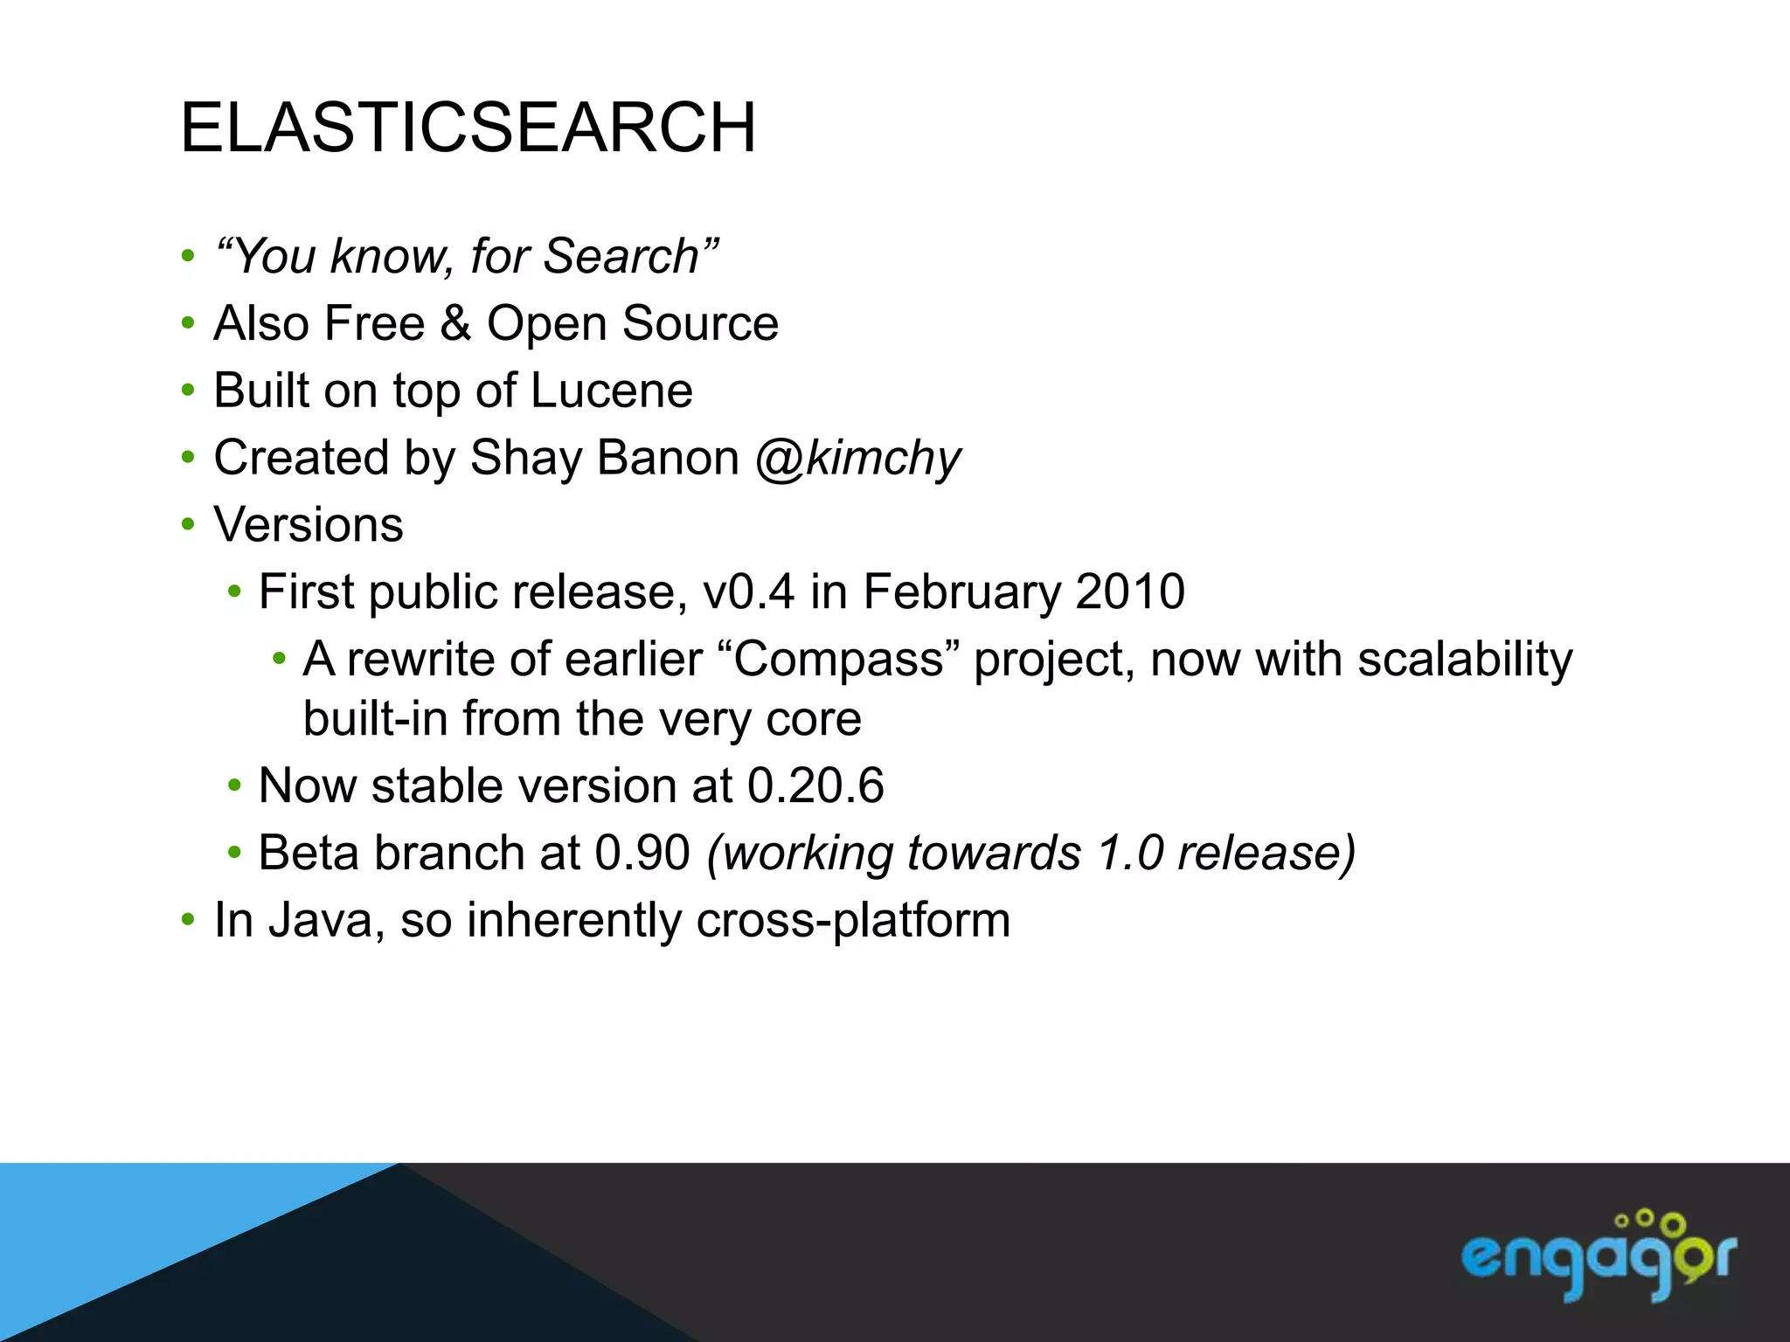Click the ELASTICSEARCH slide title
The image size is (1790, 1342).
tap(468, 128)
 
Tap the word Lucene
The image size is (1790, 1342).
tap(611, 391)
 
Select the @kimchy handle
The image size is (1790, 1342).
tap(857, 459)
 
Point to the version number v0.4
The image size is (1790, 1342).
tap(748, 591)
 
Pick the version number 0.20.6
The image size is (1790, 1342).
tap(815, 785)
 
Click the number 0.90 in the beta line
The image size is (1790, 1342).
tap(642, 853)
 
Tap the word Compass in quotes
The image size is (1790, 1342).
tap(838, 659)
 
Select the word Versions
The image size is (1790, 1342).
tap(309, 525)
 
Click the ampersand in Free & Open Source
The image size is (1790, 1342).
tap(455, 323)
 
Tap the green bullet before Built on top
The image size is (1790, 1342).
tap(188, 391)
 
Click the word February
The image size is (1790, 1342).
tap(961, 591)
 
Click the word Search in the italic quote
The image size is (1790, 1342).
tap(621, 257)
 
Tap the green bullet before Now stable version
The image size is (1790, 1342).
tap(233, 785)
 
